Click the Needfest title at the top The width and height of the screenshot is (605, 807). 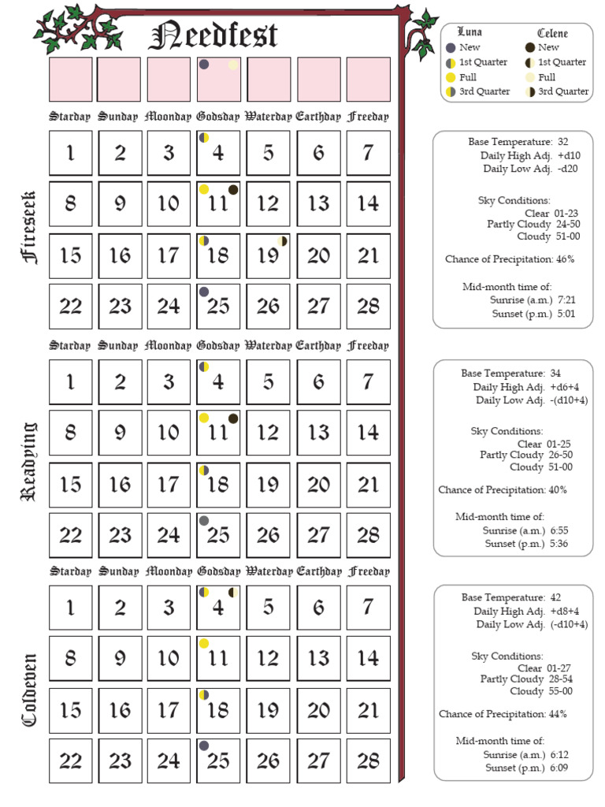click(x=213, y=35)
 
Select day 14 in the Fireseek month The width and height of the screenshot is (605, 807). click(x=368, y=203)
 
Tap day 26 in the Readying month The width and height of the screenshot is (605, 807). click(x=268, y=535)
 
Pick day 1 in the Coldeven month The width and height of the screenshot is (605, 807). click(x=71, y=608)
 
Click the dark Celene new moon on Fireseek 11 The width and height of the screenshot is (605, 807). click(x=233, y=189)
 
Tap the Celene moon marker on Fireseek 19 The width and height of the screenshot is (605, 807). click(x=282, y=240)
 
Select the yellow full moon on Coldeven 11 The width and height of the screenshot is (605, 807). click(x=204, y=644)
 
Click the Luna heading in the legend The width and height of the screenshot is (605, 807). click(x=470, y=32)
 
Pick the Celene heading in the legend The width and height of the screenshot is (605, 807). click(x=552, y=33)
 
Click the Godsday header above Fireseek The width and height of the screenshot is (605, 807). click(x=217, y=117)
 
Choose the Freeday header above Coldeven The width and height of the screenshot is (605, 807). click(x=368, y=571)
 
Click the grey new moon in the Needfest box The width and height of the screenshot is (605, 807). click(x=204, y=65)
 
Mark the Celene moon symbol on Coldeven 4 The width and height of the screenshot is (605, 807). click(x=233, y=593)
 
